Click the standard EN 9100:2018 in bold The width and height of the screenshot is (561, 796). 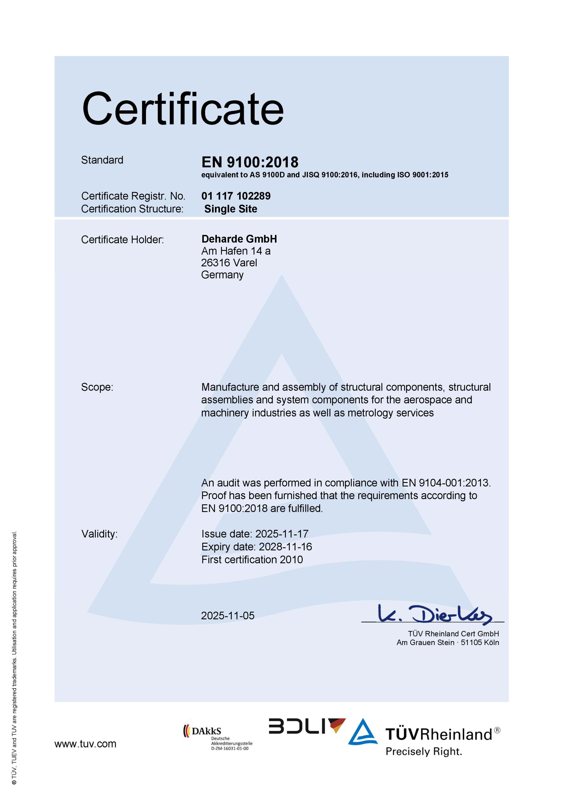coord(250,162)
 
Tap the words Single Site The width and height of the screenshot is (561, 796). coord(231,209)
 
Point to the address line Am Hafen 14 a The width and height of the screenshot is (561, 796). coord(236,251)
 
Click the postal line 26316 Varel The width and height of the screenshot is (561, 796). coord(229,263)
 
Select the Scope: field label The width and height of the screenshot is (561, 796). coord(97,387)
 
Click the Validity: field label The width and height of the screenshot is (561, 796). coord(100,534)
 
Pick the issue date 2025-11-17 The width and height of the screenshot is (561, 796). coord(282,534)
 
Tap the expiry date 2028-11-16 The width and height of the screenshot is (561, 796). coord(285,547)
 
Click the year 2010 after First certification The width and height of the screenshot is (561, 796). coord(291,560)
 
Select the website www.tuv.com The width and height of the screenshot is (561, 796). coord(85,744)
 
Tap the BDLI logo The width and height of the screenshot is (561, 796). coord(307,726)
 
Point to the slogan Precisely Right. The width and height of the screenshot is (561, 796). coord(424,752)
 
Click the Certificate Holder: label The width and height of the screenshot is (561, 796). coord(122,240)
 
